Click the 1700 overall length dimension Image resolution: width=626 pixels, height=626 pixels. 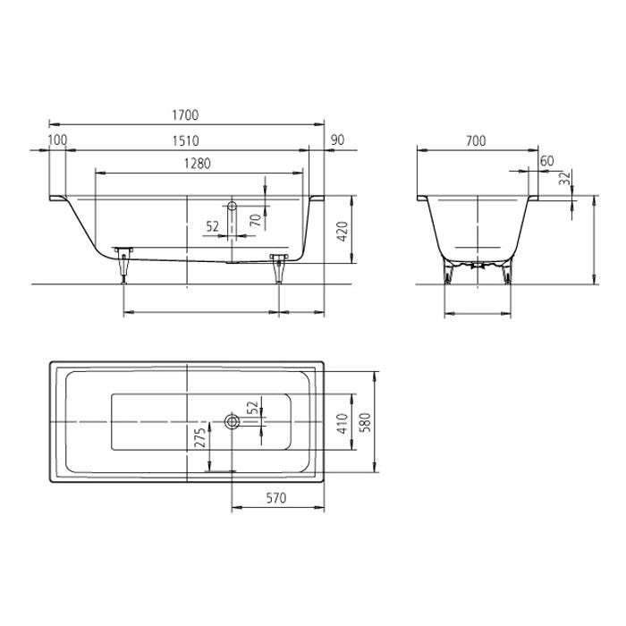[185, 115]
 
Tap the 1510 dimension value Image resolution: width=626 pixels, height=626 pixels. [185, 140]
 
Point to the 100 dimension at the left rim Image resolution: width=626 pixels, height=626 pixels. [57, 140]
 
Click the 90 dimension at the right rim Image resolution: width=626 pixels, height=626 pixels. [337, 140]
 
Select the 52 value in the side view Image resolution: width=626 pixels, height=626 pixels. [212, 227]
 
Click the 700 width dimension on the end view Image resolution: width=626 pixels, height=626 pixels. [476, 140]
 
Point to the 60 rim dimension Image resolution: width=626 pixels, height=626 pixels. [547, 161]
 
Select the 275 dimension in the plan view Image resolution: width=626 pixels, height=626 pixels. [200, 437]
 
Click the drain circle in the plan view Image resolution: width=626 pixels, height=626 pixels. [232, 420]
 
